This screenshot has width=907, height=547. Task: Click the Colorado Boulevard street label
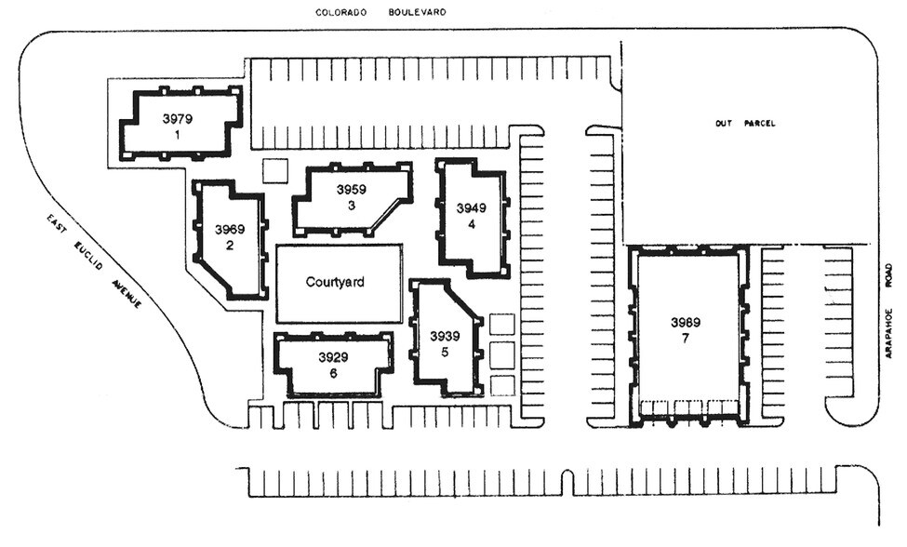(380, 12)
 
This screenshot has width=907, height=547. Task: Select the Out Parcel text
(744, 123)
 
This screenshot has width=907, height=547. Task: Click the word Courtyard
(335, 282)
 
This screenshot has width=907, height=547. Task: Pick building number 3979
(177, 118)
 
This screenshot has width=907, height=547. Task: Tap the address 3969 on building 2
(229, 229)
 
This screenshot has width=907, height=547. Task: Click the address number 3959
(352, 189)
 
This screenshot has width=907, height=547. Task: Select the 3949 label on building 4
(472, 207)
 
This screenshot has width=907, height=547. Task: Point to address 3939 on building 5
(445, 336)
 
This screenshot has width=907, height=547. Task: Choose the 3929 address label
(333, 357)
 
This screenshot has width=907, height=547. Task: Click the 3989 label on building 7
(686, 322)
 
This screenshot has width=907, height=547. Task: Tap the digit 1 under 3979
(177, 134)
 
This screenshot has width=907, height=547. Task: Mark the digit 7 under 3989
(686, 339)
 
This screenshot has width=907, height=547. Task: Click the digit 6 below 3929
(333, 373)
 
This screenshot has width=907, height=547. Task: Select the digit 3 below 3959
(352, 205)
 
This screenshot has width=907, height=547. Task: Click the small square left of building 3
(275, 171)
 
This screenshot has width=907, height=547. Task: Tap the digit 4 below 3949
(472, 223)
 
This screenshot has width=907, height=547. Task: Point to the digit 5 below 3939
(445, 352)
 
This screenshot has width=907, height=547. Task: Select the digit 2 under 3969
(229, 246)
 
